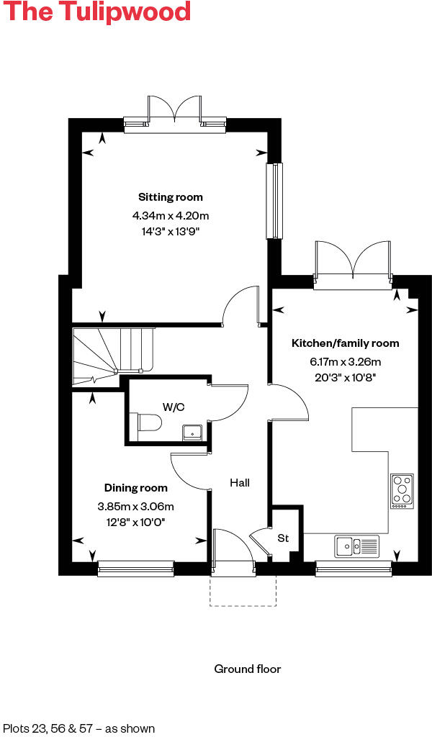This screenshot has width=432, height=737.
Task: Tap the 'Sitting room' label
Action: point(171,197)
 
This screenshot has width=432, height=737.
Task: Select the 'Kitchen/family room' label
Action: point(345,343)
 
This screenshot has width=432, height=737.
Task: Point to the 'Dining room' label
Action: point(136,488)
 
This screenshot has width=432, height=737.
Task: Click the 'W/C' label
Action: point(173,407)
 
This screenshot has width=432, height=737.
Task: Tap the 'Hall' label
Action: point(240,483)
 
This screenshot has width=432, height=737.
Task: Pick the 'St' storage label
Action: point(283,538)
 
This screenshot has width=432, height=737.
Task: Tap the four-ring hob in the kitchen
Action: point(402,491)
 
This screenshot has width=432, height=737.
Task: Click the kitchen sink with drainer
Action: point(356,546)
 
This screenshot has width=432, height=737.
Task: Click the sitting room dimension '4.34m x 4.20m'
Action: point(171,215)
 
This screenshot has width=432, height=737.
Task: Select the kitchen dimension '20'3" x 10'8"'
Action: point(345,376)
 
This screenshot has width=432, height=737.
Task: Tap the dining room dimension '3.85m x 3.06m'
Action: point(136,507)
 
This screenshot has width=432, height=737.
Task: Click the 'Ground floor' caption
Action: point(248,669)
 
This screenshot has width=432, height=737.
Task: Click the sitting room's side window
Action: point(274,201)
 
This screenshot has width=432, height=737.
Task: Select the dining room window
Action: point(136,569)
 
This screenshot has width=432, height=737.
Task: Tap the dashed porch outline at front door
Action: point(243,592)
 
